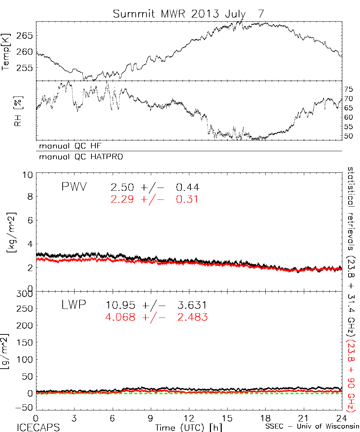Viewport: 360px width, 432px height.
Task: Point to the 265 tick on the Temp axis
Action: [x=26, y=35]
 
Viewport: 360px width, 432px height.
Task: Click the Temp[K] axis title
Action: [x=7, y=51]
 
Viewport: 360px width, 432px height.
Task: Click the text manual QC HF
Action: [x=68, y=146]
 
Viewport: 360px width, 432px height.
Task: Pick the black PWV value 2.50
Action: [x=122, y=187]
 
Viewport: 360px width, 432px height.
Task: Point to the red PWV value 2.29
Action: [x=122, y=199]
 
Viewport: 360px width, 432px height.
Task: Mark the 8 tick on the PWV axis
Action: [x=30, y=197]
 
